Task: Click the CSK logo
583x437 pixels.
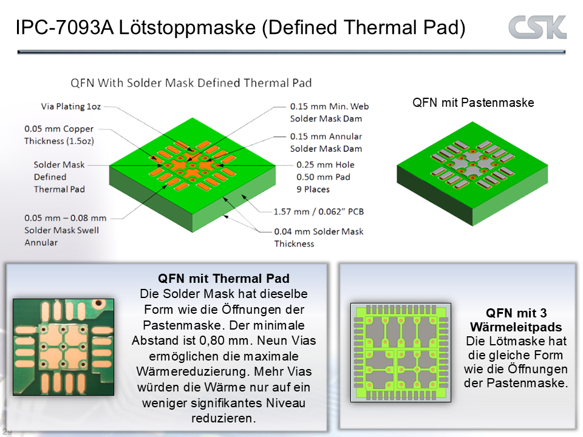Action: click(537, 27)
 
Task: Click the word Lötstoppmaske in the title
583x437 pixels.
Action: click(188, 27)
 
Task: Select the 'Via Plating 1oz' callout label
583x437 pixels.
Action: click(70, 107)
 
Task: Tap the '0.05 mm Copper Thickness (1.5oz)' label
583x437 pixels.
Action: click(59, 135)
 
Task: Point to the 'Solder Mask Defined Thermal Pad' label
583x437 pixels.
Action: click(59, 177)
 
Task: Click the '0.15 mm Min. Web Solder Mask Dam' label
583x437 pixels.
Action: click(329, 113)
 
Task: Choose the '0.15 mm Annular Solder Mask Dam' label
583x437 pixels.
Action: click(326, 143)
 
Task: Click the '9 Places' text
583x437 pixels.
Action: click(313, 189)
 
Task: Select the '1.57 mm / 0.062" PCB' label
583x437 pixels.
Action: click(319, 212)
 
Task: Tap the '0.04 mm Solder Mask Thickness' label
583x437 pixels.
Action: click(319, 238)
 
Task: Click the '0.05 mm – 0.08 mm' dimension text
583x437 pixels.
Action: click(66, 218)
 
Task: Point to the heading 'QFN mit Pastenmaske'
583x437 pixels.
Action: click(473, 103)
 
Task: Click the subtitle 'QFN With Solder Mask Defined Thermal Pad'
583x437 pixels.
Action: click(191, 83)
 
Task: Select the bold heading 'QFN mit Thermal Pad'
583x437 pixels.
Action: click(223, 279)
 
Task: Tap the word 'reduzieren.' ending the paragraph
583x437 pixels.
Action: click(223, 418)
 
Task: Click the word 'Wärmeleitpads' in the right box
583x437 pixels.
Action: click(516, 327)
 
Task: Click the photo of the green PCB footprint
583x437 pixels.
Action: click(64, 347)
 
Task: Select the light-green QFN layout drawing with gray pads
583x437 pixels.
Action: click(401, 353)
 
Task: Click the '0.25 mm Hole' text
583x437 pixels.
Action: click(326, 165)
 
